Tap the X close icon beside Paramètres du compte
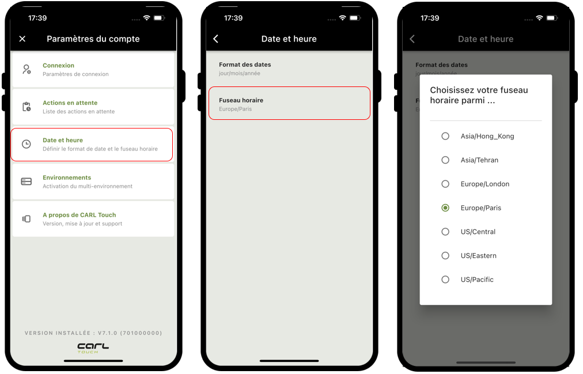point(22,39)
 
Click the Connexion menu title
point(58,66)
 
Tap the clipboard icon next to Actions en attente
point(26,107)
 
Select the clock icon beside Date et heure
point(26,144)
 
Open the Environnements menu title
point(67,177)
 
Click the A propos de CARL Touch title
point(79,215)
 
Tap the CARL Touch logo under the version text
point(93,348)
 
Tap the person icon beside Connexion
point(26,70)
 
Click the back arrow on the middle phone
point(215,39)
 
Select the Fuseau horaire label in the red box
point(241,100)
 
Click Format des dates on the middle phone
point(245,65)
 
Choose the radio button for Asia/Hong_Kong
point(445,136)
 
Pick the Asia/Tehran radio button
point(445,160)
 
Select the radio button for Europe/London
point(445,184)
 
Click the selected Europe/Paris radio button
point(445,208)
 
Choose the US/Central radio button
point(445,232)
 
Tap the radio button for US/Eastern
point(445,255)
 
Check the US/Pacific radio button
point(445,279)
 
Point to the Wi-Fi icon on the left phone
point(146,18)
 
